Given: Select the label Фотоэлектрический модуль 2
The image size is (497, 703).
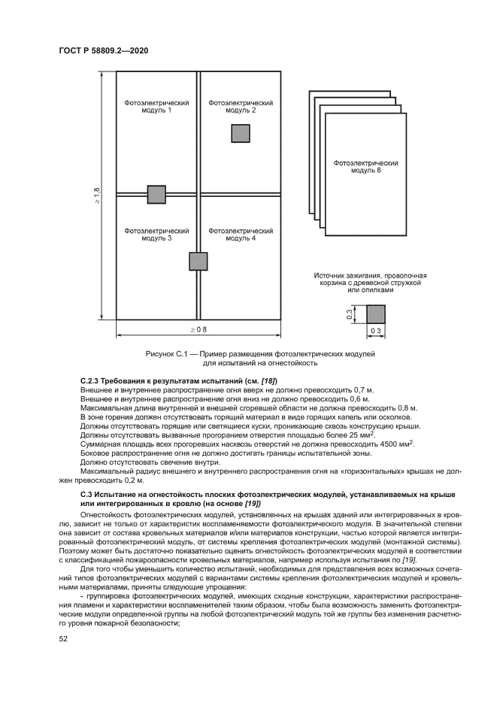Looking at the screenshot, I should coord(241,106).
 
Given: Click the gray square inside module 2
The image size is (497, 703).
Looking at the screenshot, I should coord(241,133).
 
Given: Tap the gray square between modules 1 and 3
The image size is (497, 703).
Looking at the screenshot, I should coord(156,194).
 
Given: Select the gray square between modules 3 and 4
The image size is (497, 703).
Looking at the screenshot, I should coord(198,261).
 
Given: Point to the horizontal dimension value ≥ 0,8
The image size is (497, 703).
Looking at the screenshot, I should coord(198,329).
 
